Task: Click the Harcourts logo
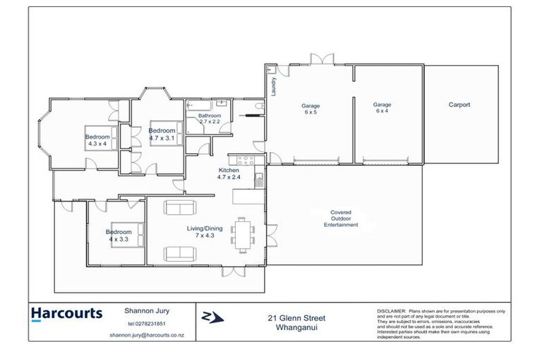(67, 314)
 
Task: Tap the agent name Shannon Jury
(147, 310)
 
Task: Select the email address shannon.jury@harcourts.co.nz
(147, 335)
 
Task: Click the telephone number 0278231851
(147, 324)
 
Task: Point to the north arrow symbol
(212, 317)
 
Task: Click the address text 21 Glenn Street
(296, 317)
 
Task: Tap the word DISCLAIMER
(391, 311)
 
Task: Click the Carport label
(459, 105)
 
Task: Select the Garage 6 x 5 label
(311, 109)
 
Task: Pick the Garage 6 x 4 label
(382, 107)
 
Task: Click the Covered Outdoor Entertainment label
(341, 218)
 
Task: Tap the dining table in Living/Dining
(242, 235)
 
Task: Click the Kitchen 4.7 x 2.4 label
(229, 173)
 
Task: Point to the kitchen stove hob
(246, 160)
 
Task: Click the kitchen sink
(259, 180)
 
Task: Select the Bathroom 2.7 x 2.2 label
(210, 119)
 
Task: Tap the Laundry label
(274, 86)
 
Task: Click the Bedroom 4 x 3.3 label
(119, 235)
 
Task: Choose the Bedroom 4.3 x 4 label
(97, 140)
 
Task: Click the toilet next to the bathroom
(260, 105)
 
